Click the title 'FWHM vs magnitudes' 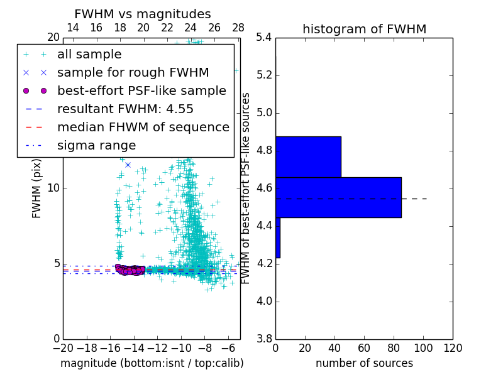pyautogui.click(x=143, y=14)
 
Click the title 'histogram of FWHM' pyautogui.click(x=364, y=29)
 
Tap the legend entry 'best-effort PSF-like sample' pyautogui.click(x=141, y=91)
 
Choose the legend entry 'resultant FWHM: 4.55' pyautogui.click(x=125, y=109)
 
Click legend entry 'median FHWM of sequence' pyautogui.click(x=143, y=128)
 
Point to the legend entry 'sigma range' pyautogui.click(x=96, y=146)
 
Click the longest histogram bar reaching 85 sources pyautogui.click(x=338, y=197)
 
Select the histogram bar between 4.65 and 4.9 pyautogui.click(x=308, y=156)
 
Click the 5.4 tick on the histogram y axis pyautogui.click(x=265, y=38)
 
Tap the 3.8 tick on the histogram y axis pyautogui.click(x=265, y=339)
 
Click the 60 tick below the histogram pyautogui.click(x=364, y=348)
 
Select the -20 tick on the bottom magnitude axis pyautogui.click(x=63, y=348)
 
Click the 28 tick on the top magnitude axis pyautogui.click(x=238, y=28)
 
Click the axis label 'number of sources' pyautogui.click(x=364, y=363)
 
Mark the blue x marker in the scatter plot pyautogui.click(x=128, y=165)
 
